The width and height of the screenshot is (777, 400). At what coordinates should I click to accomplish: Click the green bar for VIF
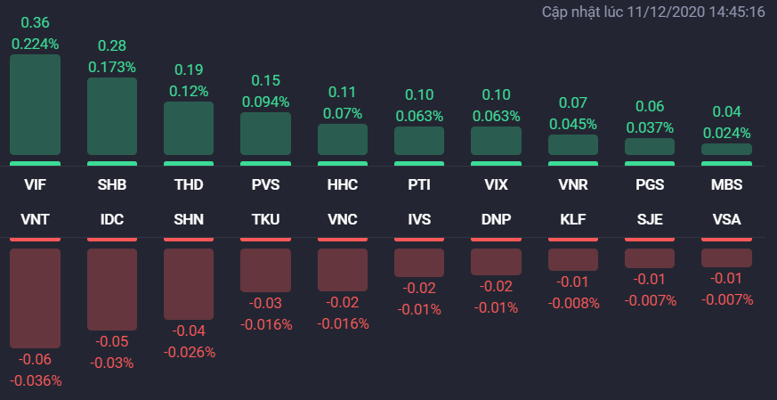click(x=36, y=105)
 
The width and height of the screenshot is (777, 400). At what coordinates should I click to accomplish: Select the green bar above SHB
click(x=112, y=117)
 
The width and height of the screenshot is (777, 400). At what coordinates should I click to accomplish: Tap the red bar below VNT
click(x=36, y=298)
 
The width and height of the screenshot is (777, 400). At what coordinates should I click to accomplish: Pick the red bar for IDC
click(x=112, y=289)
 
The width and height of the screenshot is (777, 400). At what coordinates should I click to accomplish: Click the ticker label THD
click(x=189, y=185)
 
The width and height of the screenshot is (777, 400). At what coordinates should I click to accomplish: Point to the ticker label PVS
click(x=265, y=185)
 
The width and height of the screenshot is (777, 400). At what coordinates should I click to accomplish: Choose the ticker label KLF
click(x=573, y=218)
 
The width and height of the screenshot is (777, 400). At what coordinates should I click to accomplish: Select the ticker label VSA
click(x=727, y=218)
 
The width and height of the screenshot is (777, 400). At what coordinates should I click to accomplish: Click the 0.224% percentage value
click(x=36, y=43)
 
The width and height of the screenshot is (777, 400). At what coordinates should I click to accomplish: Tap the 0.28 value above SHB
click(x=112, y=45)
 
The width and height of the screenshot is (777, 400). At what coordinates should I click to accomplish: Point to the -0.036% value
click(x=36, y=380)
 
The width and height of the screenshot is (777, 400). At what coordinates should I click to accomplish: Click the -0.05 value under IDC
click(x=112, y=342)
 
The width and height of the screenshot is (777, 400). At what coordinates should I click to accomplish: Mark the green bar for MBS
click(x=727, y=150)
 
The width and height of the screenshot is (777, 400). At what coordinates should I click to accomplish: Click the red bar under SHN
click(x=189, y=283)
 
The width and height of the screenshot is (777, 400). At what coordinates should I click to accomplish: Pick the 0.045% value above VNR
click(x=573, y=124)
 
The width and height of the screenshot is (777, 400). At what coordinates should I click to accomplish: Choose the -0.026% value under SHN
click(x=189, y=352)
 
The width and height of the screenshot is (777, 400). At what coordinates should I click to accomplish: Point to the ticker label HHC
click(x=343, y=185)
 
